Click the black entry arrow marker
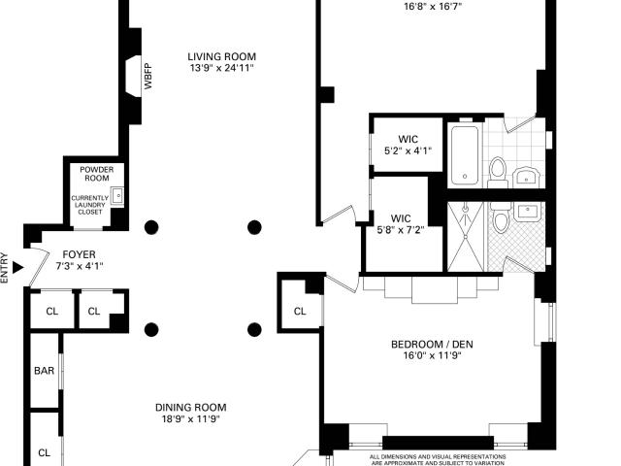click(17, 268)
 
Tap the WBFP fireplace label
click(147, 76)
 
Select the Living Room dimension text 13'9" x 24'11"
click(221, 68)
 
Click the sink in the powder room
click(117, 195)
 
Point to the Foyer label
click(80, 254)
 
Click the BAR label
click(44, 371)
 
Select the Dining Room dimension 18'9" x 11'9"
click(190, 418)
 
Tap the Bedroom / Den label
click(432, 344)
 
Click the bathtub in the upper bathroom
click(465, 155)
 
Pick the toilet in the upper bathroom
click(498, 173)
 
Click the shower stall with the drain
click(466, 237)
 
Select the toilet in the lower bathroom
click(501, 217)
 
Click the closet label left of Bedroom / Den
click(300, 312)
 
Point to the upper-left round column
click(151, 227)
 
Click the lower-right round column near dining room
click(254, 330)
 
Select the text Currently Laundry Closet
click(90, 205)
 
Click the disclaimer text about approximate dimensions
click(438, 459)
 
